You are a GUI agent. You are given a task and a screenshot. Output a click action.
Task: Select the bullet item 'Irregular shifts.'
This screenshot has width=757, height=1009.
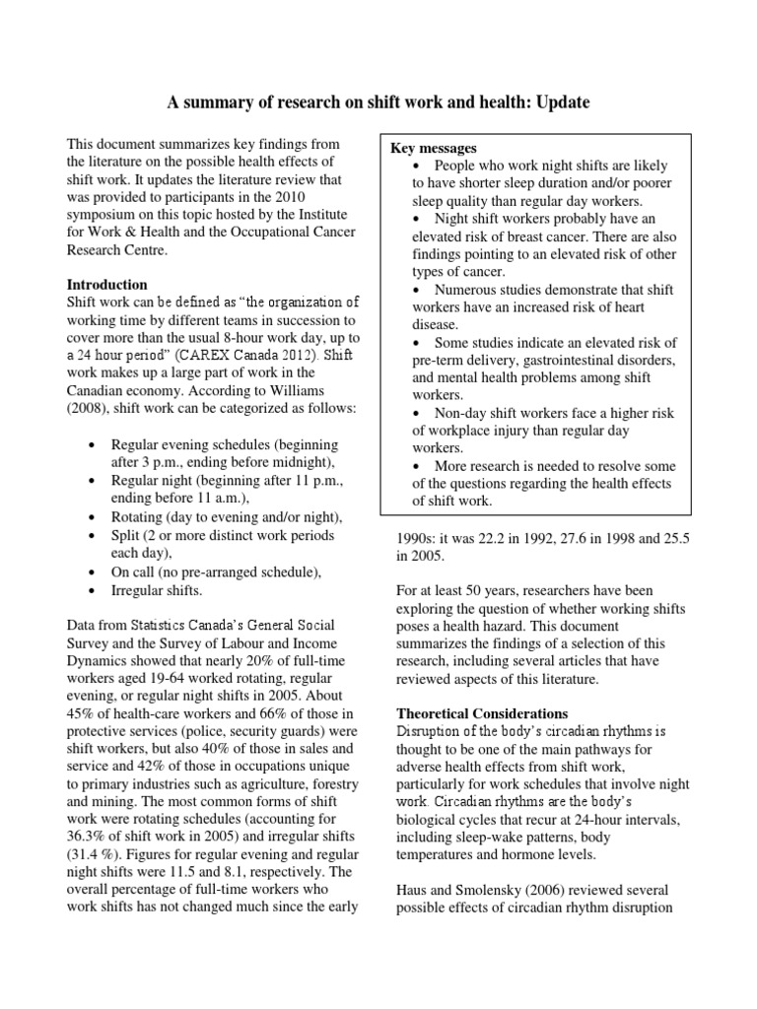click(158, 590)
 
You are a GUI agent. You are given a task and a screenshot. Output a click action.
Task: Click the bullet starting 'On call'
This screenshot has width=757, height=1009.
click(217, 572)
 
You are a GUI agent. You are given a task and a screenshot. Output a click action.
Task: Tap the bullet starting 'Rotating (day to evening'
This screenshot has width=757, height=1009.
click(227, 517)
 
